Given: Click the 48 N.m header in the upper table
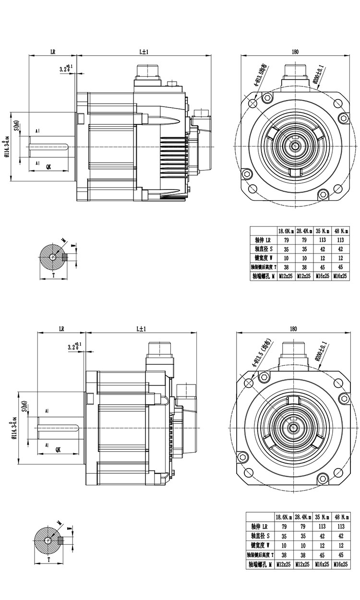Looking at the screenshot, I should tap(342, 230).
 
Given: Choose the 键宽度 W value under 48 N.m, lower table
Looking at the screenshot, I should tap(341, 545).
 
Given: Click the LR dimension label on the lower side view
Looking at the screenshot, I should tap(62, 329).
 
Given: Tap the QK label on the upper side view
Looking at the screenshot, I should tap(49, 166).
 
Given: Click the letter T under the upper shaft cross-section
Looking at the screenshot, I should tap(53, 276).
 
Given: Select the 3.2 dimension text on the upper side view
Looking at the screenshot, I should tap(65, 69).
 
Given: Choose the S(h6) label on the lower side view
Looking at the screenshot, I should tap(24, 408).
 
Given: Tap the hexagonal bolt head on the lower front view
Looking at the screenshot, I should tap(346, 397).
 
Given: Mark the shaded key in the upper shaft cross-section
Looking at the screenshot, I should tap(65, 258).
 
